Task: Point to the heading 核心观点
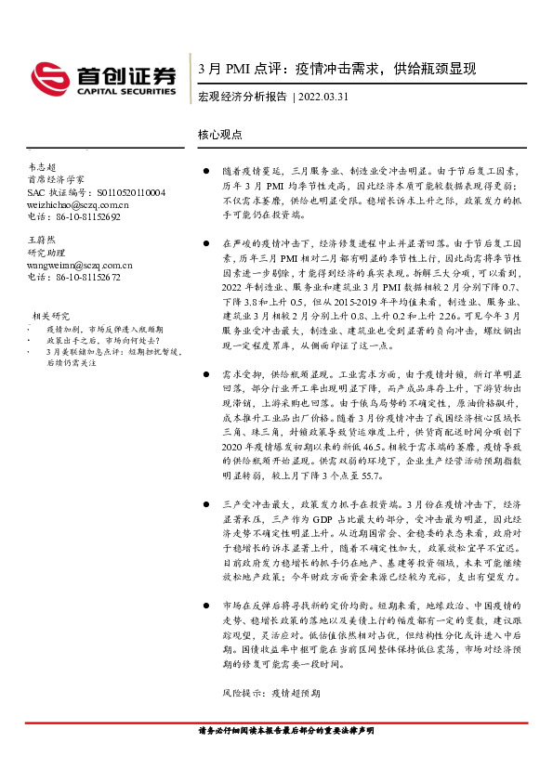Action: (x=220, y=134)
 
